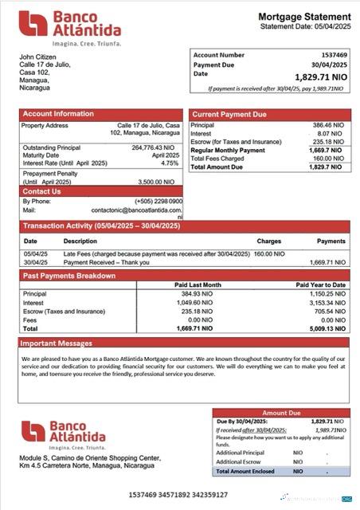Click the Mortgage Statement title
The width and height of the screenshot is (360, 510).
point(303,17)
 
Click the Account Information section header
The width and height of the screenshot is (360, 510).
point(58,115)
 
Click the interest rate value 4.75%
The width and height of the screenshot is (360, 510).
point(170,163)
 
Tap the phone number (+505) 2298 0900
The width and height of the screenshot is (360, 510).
point(158,201)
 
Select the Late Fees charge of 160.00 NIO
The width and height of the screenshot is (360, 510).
point(269,254)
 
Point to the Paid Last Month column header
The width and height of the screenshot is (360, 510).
point(198,284)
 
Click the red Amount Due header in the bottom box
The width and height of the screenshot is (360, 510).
point(282,413)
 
